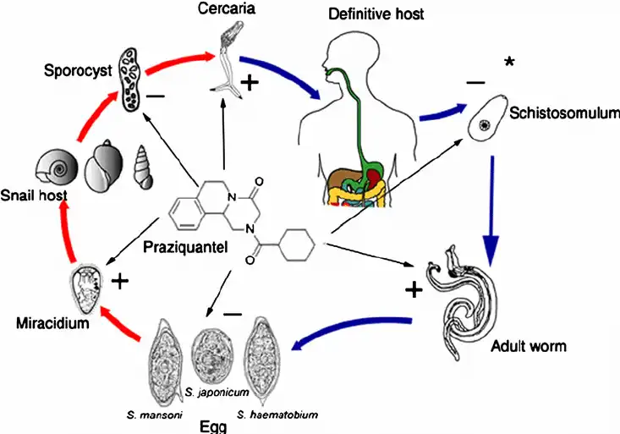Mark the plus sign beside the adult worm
tap(414, 290)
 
